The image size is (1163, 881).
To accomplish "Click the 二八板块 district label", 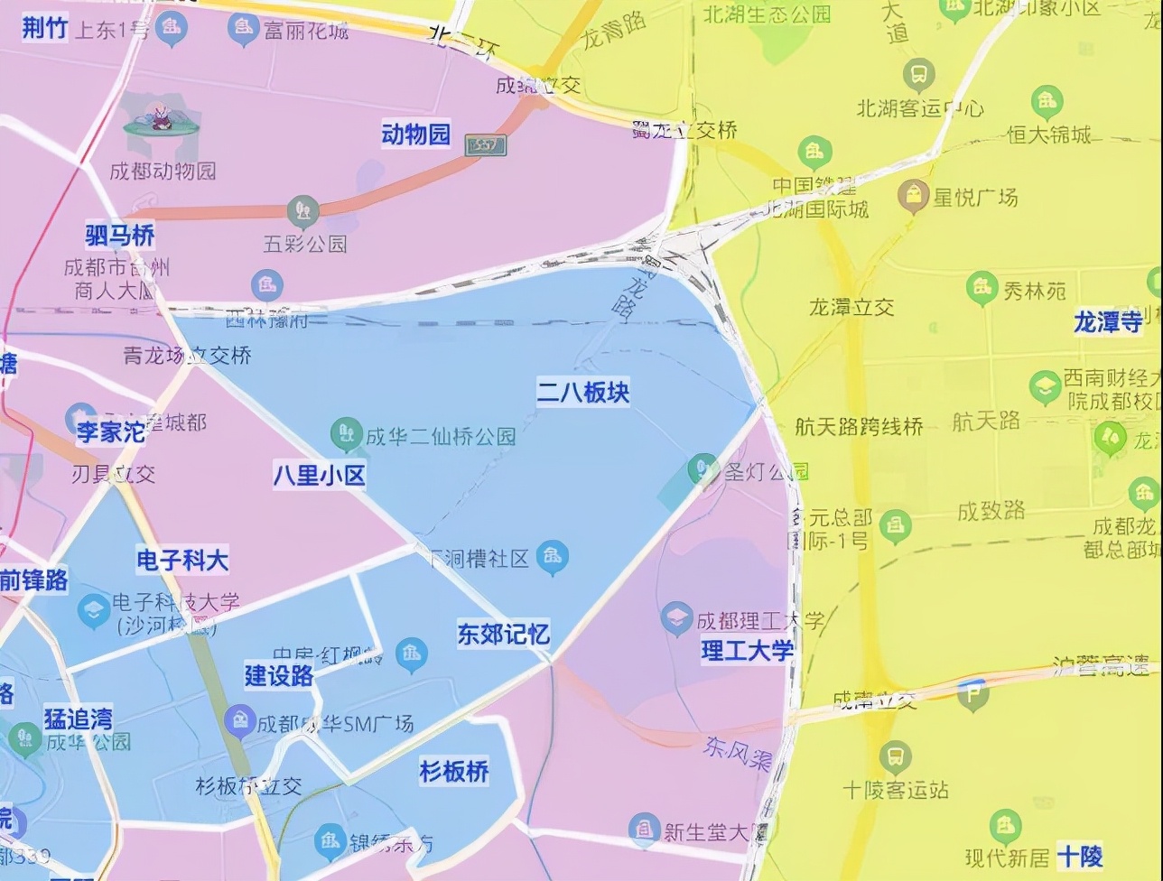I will point(583,393).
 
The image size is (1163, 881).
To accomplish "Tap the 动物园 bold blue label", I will point(415,135).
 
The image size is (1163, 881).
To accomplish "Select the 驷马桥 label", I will point(120,236).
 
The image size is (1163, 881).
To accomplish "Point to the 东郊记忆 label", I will point(503,635).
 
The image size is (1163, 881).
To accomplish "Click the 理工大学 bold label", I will point(748,650).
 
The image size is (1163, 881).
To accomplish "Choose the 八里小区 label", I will point(320,475).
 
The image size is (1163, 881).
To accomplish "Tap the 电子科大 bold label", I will point(182,561).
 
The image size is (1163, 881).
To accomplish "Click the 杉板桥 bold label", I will point(454,772).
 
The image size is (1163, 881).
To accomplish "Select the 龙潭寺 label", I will point(1107,322).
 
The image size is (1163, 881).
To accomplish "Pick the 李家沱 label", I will point(111,431).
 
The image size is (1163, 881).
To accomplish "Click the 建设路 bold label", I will point(279,675).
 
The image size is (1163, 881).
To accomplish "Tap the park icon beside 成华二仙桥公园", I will point(345,433).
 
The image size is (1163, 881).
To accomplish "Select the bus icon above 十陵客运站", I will point(895,756).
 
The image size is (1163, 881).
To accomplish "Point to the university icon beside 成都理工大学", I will point(676,618).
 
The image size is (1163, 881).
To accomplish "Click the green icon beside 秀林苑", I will point(982,289).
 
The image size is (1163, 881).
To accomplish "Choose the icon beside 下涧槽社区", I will point(552,557).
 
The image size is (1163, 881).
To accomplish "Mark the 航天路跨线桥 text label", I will point(859,426).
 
